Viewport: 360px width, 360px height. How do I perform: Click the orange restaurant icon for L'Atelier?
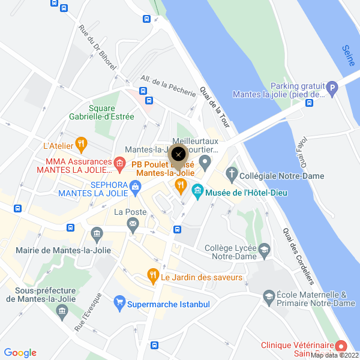point(82,144)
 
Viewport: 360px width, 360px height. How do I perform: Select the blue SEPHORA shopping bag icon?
point(136,188)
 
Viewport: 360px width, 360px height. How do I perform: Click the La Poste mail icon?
point(133,224)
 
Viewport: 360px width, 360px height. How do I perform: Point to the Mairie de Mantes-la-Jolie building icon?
point(96,233)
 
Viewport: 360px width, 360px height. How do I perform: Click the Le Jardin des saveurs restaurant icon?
point(154,277)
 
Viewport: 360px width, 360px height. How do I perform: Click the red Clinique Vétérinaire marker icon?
point(341,347)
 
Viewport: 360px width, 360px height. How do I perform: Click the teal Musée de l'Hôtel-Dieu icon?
point(197,193)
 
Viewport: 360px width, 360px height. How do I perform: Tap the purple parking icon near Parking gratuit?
point(333,90)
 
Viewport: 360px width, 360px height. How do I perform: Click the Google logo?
point(20,353)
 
